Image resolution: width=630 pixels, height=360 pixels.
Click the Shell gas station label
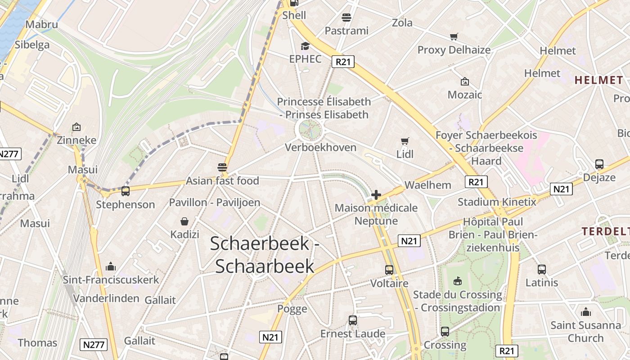point(294,15)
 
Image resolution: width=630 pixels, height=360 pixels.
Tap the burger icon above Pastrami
point(346,18)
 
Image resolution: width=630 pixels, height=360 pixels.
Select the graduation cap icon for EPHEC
point(306,46)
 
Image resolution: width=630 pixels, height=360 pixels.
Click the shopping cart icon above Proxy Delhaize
point(454,37)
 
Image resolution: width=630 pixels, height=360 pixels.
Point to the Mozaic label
point(465,95)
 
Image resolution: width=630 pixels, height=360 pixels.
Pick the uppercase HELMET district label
point(598,81)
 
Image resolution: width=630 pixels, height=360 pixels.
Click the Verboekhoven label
point(320,148)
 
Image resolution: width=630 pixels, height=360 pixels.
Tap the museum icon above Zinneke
point(76,127)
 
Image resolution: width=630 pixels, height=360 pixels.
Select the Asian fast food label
point(223,181)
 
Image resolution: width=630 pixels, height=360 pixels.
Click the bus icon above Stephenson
point(125,191)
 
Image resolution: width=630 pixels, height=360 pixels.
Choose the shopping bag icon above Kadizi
point(184,221)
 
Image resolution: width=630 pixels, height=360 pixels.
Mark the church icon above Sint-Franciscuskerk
point(111,266)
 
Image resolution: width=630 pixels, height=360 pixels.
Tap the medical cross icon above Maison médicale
point(376,195)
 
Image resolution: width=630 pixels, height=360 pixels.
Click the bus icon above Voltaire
point(389,270)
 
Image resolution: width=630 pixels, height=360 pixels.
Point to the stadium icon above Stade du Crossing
point(458,281)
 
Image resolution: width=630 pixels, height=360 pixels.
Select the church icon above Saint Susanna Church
point(585,311)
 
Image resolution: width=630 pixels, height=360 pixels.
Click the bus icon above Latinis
point(542,270)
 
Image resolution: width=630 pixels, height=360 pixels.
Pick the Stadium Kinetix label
point(497,202)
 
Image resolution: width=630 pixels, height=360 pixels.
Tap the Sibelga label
point(32,45)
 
